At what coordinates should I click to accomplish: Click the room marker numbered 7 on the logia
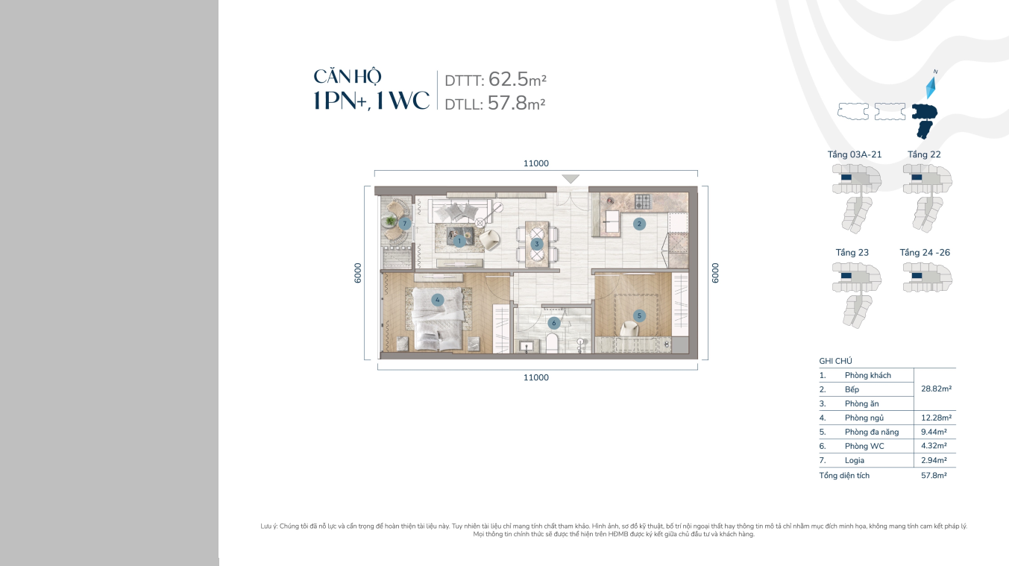tap(404, 223)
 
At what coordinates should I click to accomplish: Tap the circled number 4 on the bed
tap(438, 300)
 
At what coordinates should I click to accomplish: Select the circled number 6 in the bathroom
tap(554, 323)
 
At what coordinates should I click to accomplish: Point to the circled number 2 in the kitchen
tap(639, 224)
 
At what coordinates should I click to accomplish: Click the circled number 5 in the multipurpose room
tap(639, 315)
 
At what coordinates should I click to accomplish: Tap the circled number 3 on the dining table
tap(536, 244)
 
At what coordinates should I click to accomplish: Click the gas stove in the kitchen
tap(643, 201)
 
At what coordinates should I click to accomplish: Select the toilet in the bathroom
tap(553, 343)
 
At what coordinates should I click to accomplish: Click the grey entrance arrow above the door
tap(570, 179)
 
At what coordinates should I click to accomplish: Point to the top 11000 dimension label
tap(536, 163)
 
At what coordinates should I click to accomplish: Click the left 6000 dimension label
tap(358, 273)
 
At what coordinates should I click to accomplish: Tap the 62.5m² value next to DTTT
tap(517, 79)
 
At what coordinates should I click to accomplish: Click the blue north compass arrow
tap(931, 87)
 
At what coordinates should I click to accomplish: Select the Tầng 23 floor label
tap(852, 253)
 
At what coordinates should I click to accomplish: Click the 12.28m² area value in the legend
tap(936, 418)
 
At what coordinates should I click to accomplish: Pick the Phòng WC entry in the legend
tap(864, 446)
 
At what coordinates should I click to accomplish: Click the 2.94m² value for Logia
tap(934, 460)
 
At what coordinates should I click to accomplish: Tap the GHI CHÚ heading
tap(835, 361)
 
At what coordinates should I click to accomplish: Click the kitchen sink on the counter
tap(612, 221)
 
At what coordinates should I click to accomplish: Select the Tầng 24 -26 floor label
tap(925, 253)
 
